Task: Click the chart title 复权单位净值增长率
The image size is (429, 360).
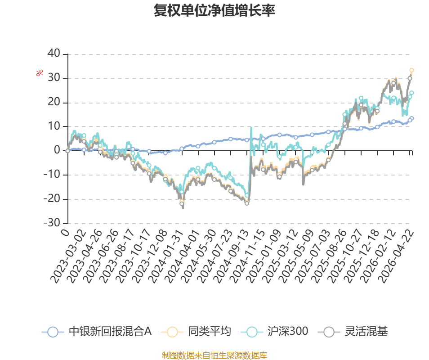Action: coord(214,10)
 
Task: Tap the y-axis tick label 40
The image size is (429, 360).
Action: coord(54,53)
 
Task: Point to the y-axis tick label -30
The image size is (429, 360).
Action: coord(52,223)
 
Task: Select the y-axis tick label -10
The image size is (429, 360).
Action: coord(52,174)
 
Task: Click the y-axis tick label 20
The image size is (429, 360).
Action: coord(54,102)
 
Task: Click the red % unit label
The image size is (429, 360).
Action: coord(40,73)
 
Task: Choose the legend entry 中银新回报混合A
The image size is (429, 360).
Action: coord(97,332)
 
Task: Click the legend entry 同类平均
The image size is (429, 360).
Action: coord(196,332)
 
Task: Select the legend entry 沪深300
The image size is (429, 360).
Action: coord(274,332)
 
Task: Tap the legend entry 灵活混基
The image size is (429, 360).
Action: coord(353,332)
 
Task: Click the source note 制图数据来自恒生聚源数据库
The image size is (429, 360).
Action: coord(214,355)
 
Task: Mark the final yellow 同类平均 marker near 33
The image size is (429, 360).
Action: coord(411,70)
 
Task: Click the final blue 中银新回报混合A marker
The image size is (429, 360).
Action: coord(411,118)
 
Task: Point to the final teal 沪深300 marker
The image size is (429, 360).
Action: coord(411,93)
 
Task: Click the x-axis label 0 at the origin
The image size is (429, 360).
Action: coord(65,233)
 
